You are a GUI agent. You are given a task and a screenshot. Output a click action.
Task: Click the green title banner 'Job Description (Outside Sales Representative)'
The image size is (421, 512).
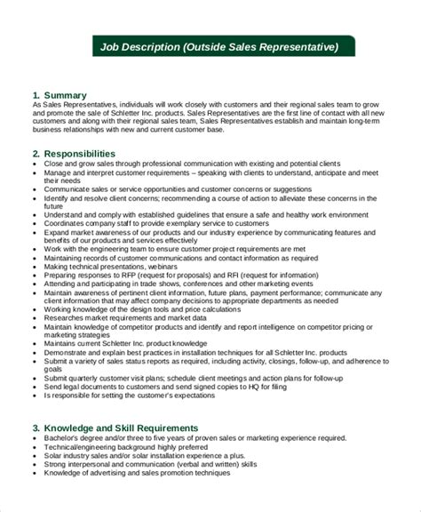tap(217, 47)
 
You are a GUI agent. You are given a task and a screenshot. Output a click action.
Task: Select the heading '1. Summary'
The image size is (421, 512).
tap(60, 93)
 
